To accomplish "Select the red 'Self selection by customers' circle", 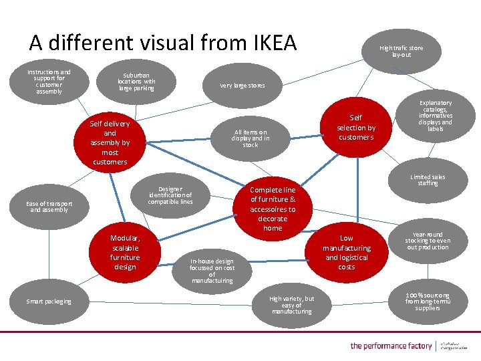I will click(x=356, y=127).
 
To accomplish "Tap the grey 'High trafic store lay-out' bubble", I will click(x=401, y=51).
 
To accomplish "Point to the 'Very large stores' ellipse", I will click(x=242, y=86).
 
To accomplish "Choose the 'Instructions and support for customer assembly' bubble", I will click(x=49, y=82).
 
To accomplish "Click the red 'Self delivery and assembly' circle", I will click(x=110, y=142).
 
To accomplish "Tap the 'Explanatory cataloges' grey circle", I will click(x=436, y=116).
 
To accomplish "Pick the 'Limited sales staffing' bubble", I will click(x=427, y=180).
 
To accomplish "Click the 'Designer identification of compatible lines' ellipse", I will click(x=170, y=195).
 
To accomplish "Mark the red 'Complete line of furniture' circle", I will click(x=273, y=209).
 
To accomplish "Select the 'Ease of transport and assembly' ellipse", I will click(x=49, y=207).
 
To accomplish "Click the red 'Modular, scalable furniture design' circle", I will click(x=125, y=252).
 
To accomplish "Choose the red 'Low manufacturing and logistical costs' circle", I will click(x=346, y=252).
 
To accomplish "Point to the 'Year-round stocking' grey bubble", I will click(x=428, y=241).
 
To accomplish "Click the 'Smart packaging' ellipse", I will click(x=49, y=302).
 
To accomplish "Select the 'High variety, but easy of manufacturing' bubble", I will click(x=291, y=305).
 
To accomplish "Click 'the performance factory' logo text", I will click(x=391, y=346).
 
